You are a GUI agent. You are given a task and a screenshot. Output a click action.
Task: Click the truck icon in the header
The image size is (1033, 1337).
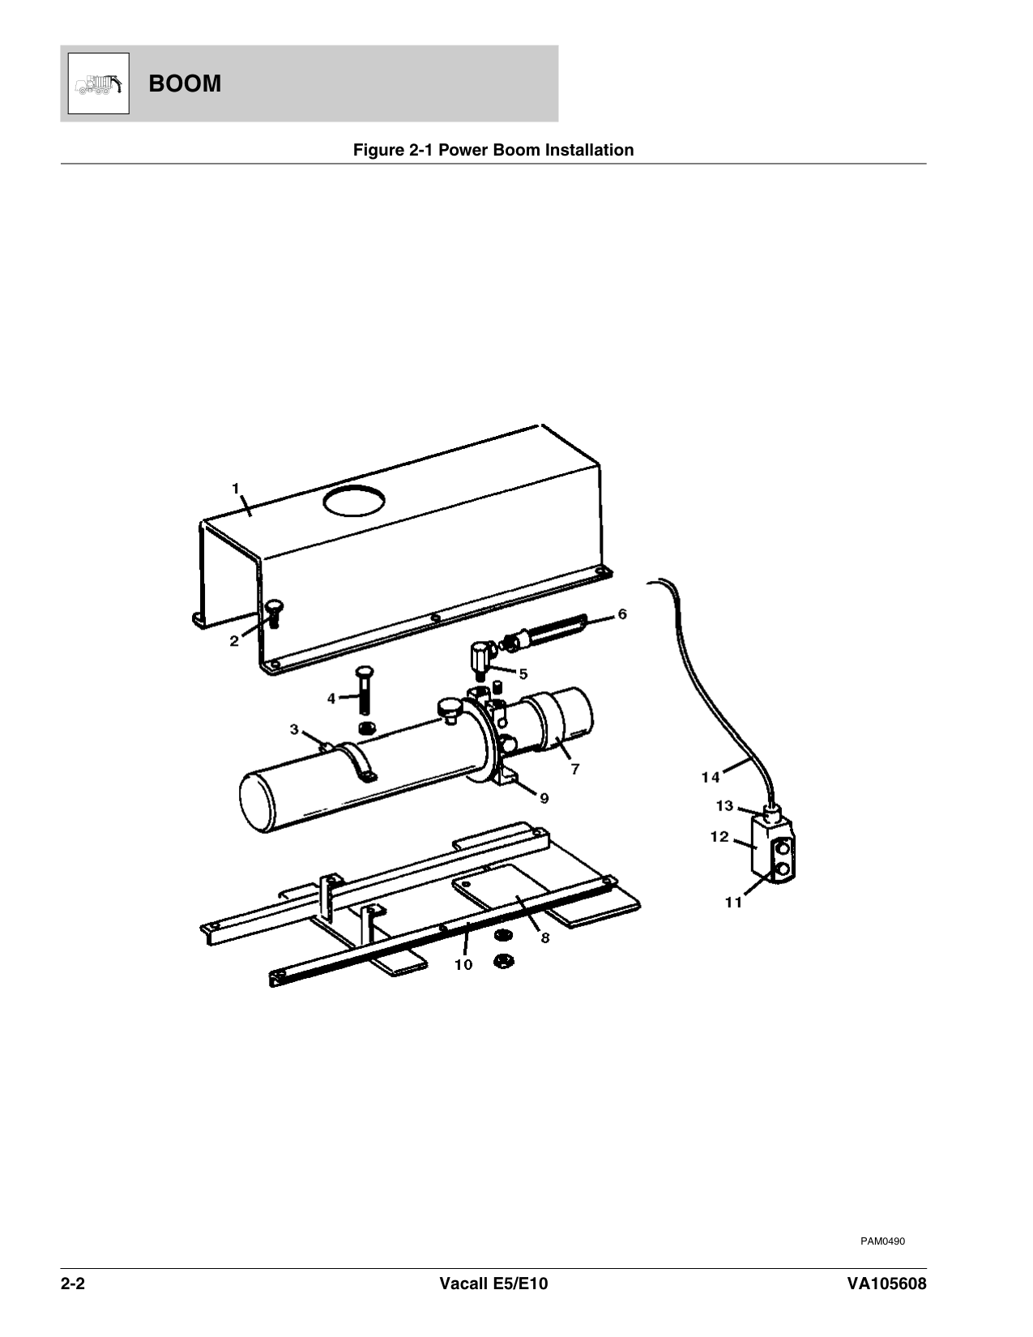coord(99,83)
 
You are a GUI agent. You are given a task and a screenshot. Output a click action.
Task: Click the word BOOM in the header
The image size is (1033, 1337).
coord(185,83)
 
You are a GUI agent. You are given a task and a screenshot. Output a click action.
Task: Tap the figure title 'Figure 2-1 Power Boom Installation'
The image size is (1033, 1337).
coord(493,150)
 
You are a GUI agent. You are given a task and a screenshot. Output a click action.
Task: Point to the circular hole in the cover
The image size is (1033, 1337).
coord(354,500)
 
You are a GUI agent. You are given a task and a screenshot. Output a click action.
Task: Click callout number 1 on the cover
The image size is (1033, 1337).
coord(236,489)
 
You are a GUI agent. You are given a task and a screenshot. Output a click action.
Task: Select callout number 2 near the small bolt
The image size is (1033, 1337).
coord(234,641)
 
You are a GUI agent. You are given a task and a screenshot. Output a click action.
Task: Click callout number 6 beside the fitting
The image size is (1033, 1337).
coord(622,614)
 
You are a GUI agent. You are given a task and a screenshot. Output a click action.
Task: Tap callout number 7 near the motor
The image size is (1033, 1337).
coord(575,769)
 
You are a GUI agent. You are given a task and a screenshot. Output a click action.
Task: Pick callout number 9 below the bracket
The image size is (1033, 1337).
coord(544,799)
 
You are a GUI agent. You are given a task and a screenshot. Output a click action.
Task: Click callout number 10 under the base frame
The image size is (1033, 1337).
coord(463,965)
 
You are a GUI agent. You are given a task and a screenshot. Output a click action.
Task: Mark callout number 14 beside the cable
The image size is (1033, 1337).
coord(711,778)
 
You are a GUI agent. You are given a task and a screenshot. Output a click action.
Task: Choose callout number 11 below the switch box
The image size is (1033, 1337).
coord(733,903)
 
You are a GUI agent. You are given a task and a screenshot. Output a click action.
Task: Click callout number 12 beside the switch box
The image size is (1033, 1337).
coord(719,837)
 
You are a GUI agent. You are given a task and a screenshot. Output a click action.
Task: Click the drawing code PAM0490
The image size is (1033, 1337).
coord(882,1241)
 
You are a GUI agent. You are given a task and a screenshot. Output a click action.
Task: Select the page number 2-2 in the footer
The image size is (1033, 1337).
coord(73,1284)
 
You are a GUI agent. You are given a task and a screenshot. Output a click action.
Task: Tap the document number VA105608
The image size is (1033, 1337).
coord(886,1284)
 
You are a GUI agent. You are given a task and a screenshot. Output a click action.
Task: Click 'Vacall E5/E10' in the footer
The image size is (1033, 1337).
coord(493,1284)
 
